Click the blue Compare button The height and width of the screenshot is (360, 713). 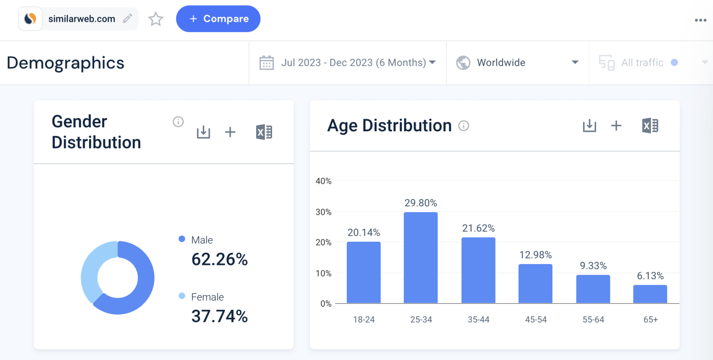click(x=218, y=19)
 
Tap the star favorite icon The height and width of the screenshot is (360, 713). click(x=156, y=19)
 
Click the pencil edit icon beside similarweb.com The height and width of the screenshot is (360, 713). click(x=127, y=19)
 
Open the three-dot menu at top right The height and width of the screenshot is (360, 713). click(x=700, y=20)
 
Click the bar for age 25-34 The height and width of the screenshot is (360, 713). click(x=421, y=258)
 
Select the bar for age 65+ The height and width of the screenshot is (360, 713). click(x=650, y=294)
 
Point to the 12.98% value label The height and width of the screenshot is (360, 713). click(x=535, y=255)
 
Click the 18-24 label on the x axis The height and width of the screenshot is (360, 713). click(x=363, y=320)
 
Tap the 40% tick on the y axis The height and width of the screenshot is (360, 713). click(x=323, y=181)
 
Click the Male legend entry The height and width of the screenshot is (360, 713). click(x=201, y=240)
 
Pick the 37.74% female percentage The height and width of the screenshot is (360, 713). click(x=220, y=316)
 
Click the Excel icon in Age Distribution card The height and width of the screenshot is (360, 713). click(x=650, y=126)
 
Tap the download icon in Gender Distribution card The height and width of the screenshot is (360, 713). click(x=203, y=132)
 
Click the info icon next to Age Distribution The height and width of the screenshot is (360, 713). click(x=463, y=126)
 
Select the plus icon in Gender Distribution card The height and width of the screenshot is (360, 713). click(x=230, y=132)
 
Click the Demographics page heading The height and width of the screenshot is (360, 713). click(x=65, y=63)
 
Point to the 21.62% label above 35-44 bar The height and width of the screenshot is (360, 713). click(x=478, y=228)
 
